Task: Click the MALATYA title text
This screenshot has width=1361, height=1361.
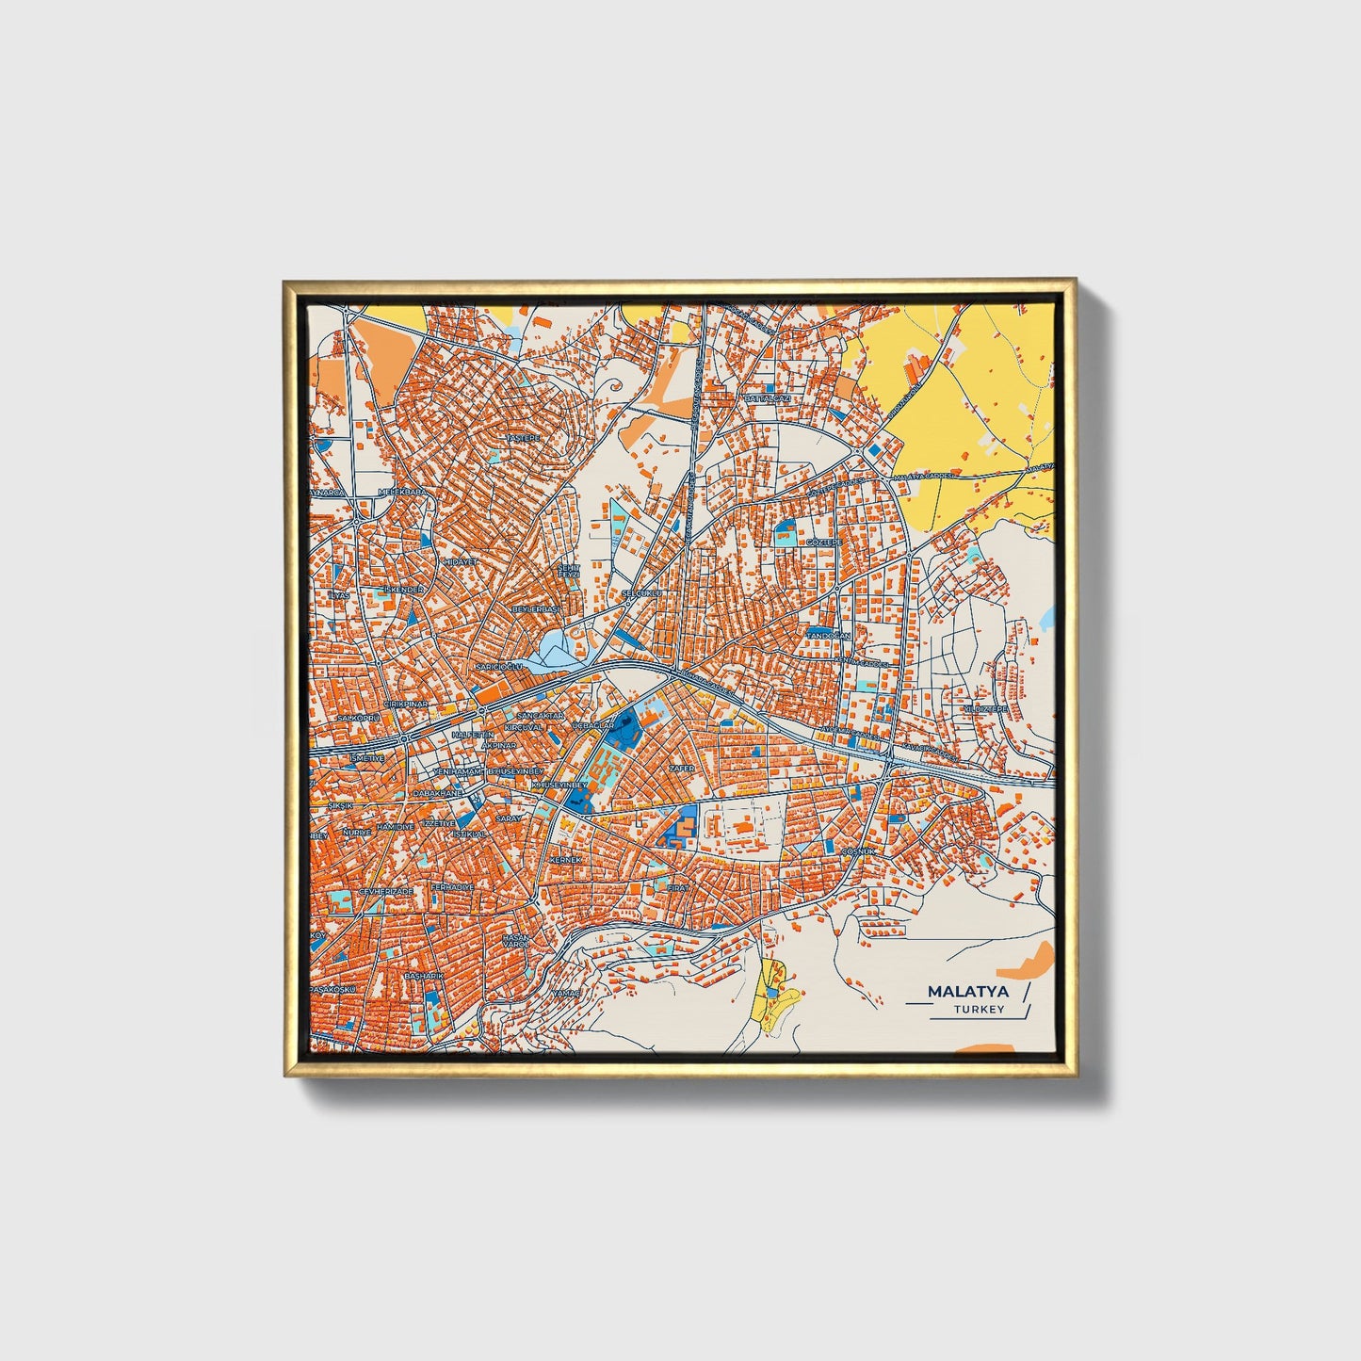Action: [x=967, y=992]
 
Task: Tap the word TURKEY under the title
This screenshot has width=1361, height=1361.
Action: [x=979, y=1010]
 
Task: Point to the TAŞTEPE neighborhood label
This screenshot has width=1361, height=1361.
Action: [x=525, y=438]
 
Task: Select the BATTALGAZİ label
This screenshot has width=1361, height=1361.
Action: [x=767, y=398]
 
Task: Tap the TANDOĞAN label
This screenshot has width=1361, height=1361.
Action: [x=828, y=636]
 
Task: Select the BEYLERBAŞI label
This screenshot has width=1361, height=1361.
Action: [x=534, y=609]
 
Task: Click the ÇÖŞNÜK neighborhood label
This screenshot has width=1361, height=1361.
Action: [x=858, y=851]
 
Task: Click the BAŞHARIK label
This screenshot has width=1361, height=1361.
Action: [x=423, y=977]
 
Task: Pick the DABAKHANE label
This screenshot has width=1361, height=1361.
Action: [x=438, y=794]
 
